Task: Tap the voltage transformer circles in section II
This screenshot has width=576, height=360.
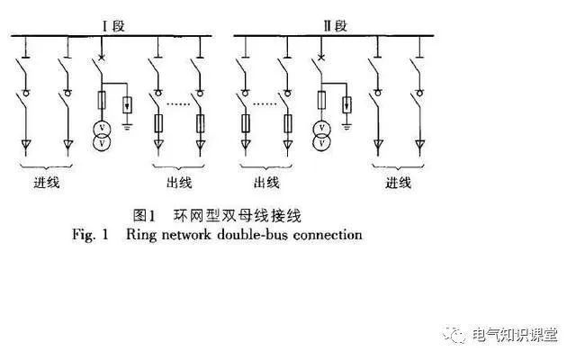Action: click(320, 135)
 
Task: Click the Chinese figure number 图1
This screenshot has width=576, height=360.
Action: click(145, 215)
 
